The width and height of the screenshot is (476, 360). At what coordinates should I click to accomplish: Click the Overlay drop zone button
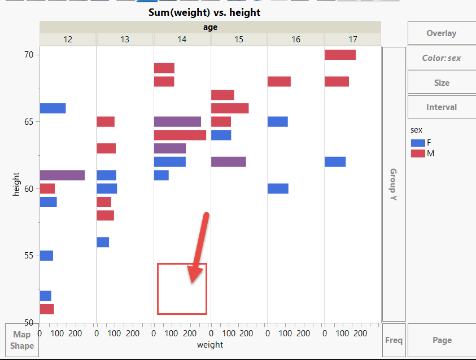(441, 33)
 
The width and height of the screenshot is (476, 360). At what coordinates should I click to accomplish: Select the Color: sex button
(441, 58)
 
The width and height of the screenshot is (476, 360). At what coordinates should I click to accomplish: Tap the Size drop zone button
(441, 82)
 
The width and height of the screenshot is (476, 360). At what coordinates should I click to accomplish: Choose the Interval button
(441, 107)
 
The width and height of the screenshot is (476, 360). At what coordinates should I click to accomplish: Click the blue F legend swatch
(418, 143)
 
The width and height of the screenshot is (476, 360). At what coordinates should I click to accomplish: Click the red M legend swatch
(418, 153)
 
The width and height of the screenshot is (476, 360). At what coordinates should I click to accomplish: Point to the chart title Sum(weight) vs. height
(204, 12)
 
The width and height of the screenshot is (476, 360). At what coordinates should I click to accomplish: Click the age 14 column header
(182, 39)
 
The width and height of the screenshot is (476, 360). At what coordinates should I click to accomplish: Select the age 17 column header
(352, 39)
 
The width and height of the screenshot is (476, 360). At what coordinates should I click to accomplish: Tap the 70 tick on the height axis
(29, 55)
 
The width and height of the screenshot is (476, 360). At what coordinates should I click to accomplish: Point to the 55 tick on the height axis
(29, 256)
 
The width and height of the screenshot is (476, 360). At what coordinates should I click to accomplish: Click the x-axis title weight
(209, 345)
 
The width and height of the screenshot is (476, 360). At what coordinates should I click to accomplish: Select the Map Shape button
(21, 340)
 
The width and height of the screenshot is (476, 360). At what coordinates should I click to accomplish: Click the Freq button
(394, 340)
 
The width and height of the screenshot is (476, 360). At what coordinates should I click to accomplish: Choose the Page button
(442, 340)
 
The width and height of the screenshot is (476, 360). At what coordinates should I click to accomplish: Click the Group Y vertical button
(394, 184)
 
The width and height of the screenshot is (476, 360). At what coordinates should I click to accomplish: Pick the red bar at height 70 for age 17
(340, 55)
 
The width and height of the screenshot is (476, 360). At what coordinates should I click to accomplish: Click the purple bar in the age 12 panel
(62, 175)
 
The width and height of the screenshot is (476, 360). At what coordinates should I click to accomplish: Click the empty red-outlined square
(182, 288)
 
